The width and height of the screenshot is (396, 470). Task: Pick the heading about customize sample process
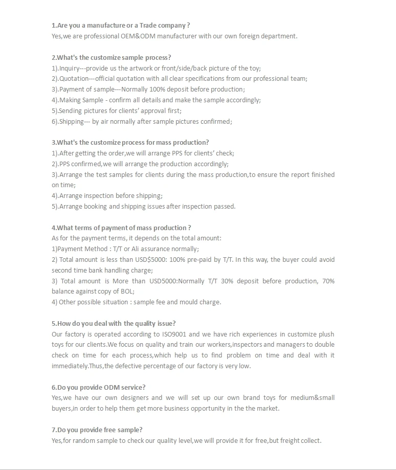click(x=111, y=58)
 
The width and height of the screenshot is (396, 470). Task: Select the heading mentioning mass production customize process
click(x=130, y=143)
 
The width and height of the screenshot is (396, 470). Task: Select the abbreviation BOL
click(x=126, y=292)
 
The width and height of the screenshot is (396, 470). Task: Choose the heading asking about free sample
click(x=97, y=430)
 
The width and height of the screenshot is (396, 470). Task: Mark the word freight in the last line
click(x=288, y=441)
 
